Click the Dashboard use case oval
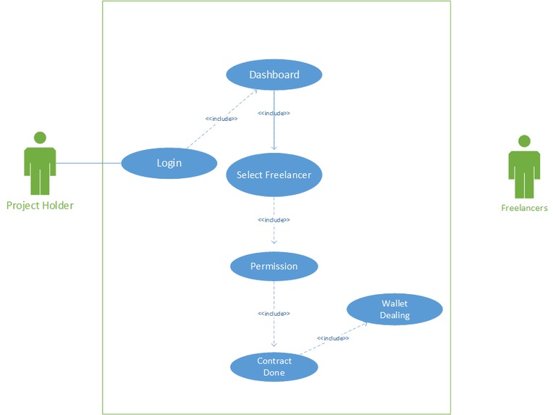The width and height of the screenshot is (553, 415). click(x=274, y=75)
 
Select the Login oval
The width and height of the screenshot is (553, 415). click(x=169, y=162)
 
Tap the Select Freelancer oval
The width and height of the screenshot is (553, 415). click(x=274, y=175)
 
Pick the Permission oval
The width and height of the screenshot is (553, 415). click(x=274, y=266)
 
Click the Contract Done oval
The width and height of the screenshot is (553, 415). click(x=274, y=366)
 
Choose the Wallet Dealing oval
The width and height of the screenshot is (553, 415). click(x=394, y=309)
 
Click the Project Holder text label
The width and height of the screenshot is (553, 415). click(x=40, y=205)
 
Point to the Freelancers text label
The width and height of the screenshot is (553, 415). click(x=524, y=208)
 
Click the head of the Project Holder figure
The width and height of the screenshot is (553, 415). click(x=40, y=137)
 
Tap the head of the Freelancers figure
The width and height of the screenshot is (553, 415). click(x=524, y=141)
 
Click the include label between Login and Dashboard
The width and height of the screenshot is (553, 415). click(x=221, y=119)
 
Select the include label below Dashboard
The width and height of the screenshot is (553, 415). click(x=274, y=113)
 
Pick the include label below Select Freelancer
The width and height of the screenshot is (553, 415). click(x=274, y=219)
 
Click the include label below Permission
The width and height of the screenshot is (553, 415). click(x=274, y=314)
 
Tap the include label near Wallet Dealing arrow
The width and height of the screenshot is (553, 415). click(x=333, y=338)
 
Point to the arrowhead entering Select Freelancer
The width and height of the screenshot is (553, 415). click(x=274, y=148)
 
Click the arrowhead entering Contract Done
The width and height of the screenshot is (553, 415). click(x=274, y=345)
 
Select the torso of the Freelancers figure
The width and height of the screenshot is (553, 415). click(x=524, y=164)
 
